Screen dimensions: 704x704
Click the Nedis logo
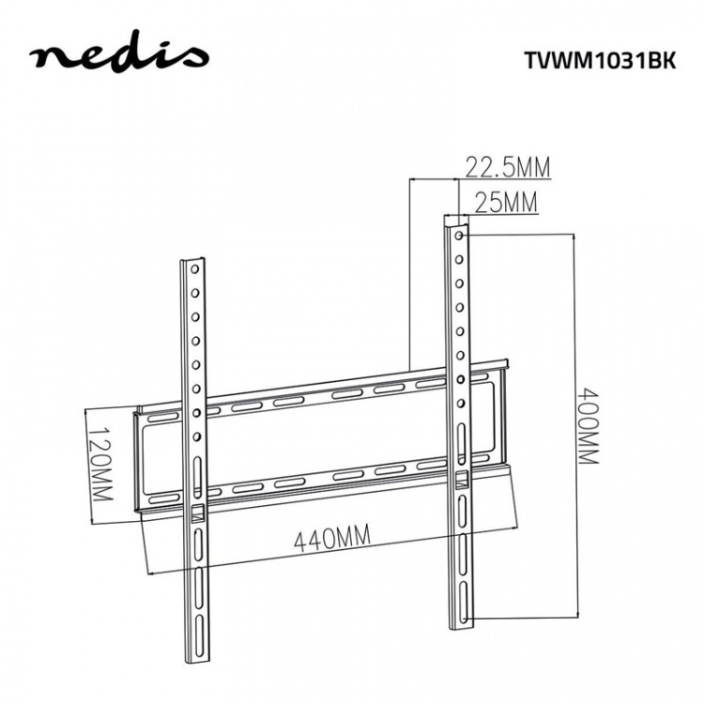click(118, 55)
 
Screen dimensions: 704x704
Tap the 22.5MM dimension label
click(507, 168)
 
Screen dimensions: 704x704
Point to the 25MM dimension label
click(506, 202)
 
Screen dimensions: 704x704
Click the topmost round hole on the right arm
click(458, 237)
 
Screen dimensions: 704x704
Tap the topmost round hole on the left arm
click(193, 274)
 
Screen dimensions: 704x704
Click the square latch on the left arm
click(198, 513)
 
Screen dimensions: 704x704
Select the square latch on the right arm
click(460, 480)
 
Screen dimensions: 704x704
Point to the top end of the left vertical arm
click(191, 261)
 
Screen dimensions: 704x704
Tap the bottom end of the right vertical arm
click(460, 625)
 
